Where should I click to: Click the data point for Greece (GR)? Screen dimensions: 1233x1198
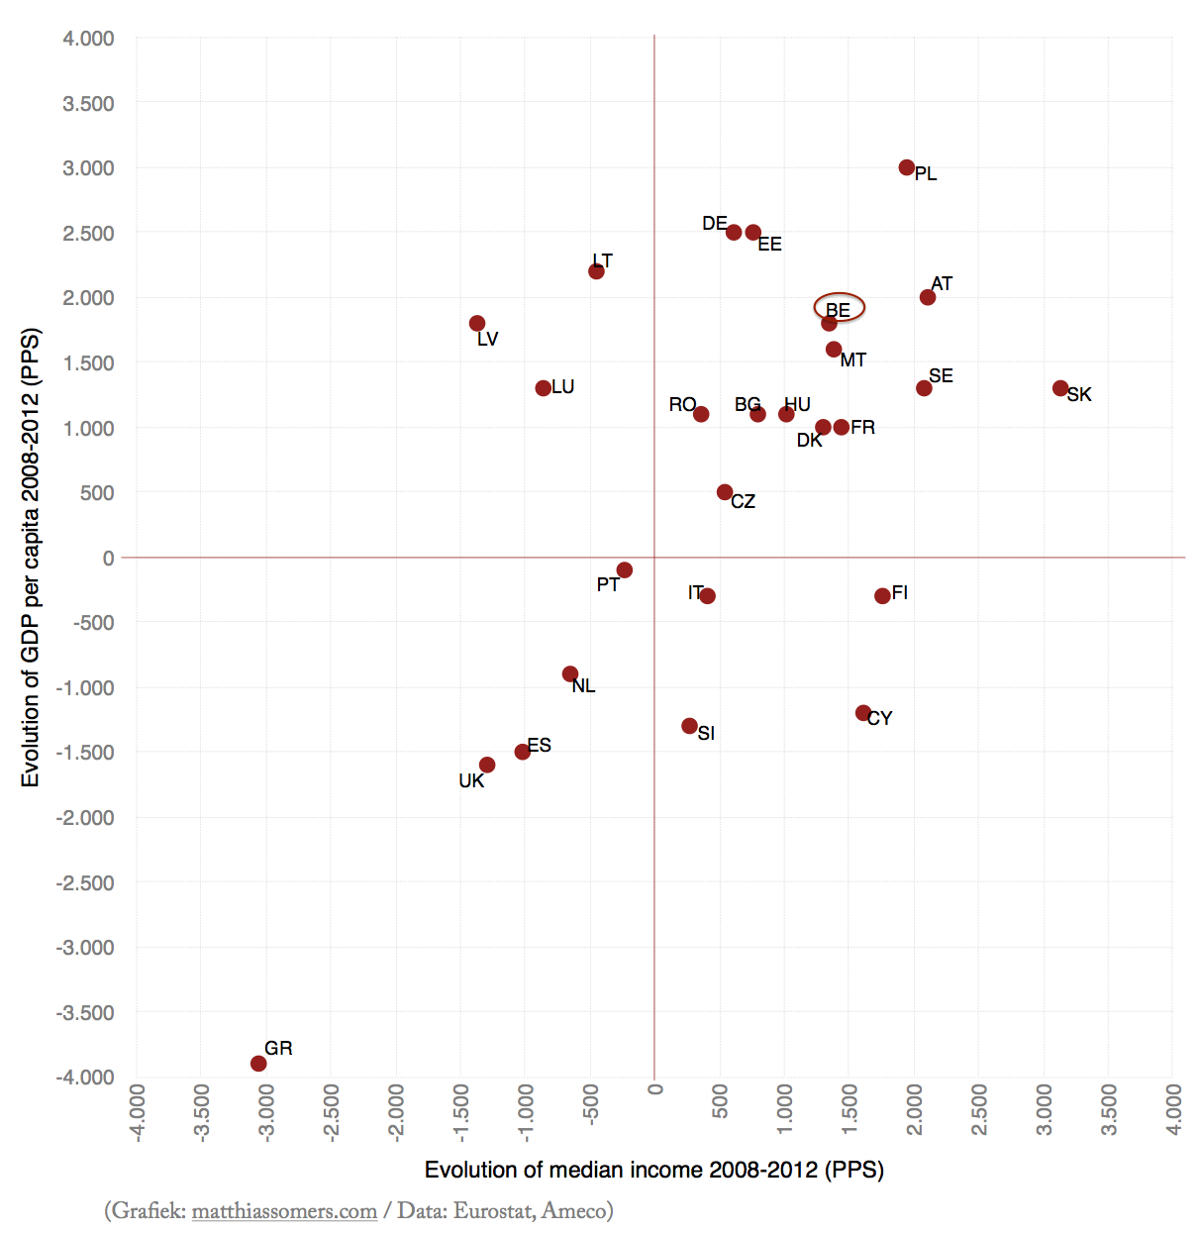(258, 1064)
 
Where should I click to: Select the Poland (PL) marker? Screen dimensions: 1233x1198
(907, 167)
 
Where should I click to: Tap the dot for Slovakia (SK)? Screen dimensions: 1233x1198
(1060, 388)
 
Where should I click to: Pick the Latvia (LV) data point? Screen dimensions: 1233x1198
(477, 324)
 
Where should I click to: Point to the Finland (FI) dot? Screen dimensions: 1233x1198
(882, 596)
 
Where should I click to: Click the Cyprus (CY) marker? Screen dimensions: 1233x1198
(863, 713)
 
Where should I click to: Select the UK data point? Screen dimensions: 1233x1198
(487, 765)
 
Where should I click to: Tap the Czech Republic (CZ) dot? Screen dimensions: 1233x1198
(725, 492)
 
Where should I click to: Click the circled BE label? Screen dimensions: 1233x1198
(839, 309)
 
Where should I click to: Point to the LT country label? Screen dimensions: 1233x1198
(602, 260)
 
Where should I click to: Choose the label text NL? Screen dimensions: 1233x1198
(583, 685)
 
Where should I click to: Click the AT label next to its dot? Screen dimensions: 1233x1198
(942, 284)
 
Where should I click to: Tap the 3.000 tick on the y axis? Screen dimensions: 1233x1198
(88, 168)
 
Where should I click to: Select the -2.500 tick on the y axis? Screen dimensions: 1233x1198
(85, 882)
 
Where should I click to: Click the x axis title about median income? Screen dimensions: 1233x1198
(653, 1170)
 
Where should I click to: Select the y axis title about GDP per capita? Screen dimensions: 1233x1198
(31, 558)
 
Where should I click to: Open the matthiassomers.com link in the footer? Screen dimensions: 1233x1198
(284, 1211)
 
